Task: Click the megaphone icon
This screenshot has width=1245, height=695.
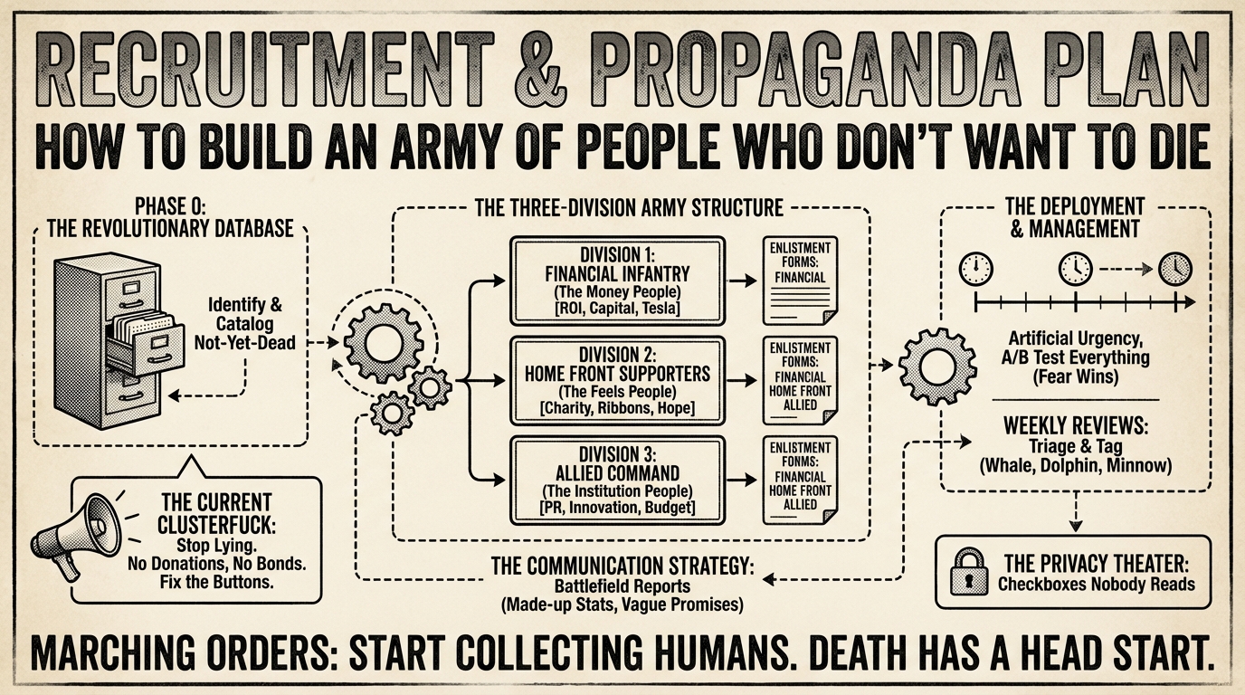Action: click(x=77, y=537)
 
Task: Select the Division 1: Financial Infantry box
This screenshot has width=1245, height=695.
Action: click(x=617, y=281)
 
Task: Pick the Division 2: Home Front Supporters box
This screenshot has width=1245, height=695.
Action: click(x=617, y=381)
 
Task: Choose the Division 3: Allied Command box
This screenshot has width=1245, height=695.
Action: click(x=617, y=481)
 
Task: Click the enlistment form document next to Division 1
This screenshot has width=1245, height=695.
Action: click(x=799, y=281)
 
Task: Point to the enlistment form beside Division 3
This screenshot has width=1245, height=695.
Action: click(x=799, y=481)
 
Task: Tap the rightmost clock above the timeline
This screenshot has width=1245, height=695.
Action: click(x=1175, y=269)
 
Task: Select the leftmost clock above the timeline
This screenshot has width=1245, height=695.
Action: click(x=975, y=269)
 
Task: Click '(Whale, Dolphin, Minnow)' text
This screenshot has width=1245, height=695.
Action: click(x=1076, y=466)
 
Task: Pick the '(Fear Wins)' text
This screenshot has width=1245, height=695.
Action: click(x=1076, y=377)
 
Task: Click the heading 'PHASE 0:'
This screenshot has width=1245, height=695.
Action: click(x=170, y=207)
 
